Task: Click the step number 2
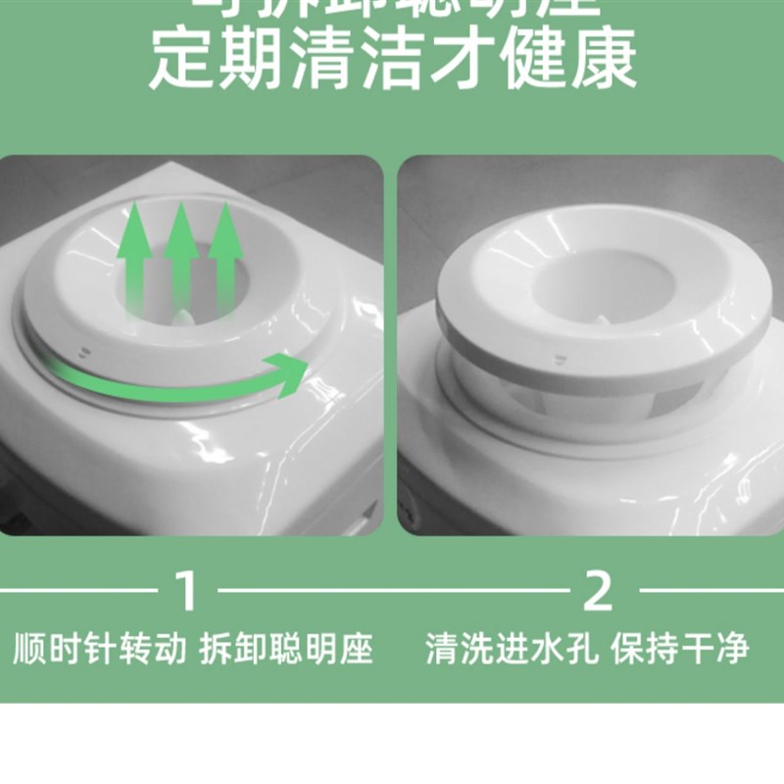(597, 591)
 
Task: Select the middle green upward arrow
(181, 259)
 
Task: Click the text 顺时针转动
(99, 648)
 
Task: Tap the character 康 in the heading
(605, 58)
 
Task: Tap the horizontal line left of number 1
(78, 591)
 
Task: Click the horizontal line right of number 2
(710, 591)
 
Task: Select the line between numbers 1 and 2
(392, 591)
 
